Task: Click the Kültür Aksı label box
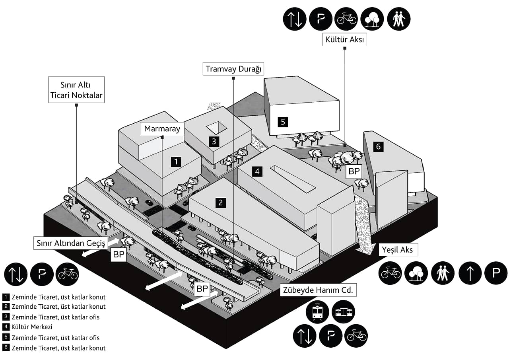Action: click(x=344, y=40)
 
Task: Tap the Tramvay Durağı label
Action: click(x=233, y=69)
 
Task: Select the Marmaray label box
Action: click(x=162, y=128)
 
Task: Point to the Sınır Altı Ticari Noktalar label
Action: click(x=76, y=90)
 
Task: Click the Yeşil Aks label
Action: click(x=397, y=250)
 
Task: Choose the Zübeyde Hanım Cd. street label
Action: click(x=318, y=290)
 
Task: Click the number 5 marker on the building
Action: click(x=283, y=122)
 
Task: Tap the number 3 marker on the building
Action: click(x=214, y=141)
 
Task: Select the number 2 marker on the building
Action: click(x=221, y=202)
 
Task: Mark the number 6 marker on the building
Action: click(x=378, y=147)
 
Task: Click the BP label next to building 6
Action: click(x=354, y=172)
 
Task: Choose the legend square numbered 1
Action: click(x=6, y=297)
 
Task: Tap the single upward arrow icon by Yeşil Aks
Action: click(x=470, y=273)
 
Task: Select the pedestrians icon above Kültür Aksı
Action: click(x=398, y=19)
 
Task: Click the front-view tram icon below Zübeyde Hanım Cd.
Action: click(x=317, y=311)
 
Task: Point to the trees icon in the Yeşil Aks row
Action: click(x=416, y=273)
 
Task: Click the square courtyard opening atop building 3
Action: click(x=216, y=128)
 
